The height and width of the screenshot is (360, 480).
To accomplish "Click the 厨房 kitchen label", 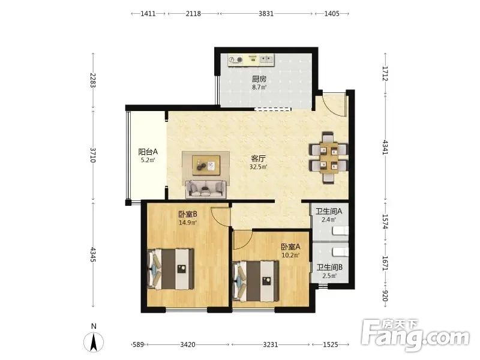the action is pyautogui.click(x=259, y=79).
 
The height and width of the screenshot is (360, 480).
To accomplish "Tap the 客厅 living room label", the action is pyautogui.click(x=258, y=158).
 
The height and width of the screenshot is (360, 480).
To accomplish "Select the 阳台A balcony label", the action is pyautogui.click(x=148, y=152).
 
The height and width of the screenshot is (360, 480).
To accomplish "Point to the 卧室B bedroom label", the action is pyautogui.click(x=187, y=214).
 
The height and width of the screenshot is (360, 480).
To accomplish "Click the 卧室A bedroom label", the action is pyautogui.click(x=290, y=247).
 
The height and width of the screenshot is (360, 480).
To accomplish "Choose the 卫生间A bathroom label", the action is pyautogui.click(x=329, y=211).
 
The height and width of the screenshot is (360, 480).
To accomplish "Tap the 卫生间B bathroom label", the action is pyautogui.click(x=329, y=268).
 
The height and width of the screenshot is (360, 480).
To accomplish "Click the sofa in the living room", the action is pyautogui.click(x=206, y=189).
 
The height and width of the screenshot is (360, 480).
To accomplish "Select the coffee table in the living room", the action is pyautogui.click(x=206, y=166).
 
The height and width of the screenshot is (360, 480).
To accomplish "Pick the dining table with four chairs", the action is pyautogui.click(x=329, y=158).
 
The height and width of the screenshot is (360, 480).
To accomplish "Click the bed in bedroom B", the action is pyautogui.click(x=170, y=269).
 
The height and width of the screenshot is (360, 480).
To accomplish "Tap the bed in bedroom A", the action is pyautogui.click(x=256, y=280).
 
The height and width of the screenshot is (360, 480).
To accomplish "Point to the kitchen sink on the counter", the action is pyautogui.click(x=266, y=59).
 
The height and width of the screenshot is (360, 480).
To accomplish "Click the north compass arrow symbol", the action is pyautogui.click(x=94, y=341).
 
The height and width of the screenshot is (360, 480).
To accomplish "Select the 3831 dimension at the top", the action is pyautogui.click(x=266, y=14).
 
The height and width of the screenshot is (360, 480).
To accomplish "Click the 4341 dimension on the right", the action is pyautogui.click(x=385, y=147).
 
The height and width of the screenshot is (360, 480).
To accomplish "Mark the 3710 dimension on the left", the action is pyautogui.click(x=93, y=155).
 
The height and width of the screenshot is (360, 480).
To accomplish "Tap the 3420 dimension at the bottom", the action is pyautogui.click(x=188, y=344).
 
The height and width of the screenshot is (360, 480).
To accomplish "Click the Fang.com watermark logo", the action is pyautogui.click(x=415, y=335).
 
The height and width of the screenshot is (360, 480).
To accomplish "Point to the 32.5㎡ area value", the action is pyautogui.click(x=259, y=167).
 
